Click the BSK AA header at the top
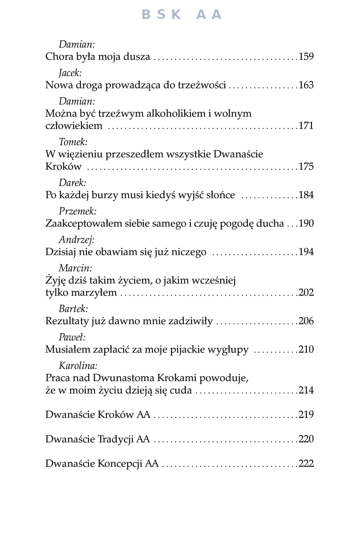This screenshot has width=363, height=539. point(181,15)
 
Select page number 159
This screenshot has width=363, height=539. point(306,56)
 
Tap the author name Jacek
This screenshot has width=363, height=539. point(70,73)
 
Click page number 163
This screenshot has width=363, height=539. point(306,85)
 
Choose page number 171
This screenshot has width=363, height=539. point(306,125)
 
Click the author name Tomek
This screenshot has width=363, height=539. point(73,142)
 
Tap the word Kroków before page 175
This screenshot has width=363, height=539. point(63,166)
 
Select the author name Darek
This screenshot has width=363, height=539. point(73,183)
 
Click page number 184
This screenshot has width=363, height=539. point(306,195)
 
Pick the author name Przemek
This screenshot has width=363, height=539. point(78,211)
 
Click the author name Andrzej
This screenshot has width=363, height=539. point(77,240)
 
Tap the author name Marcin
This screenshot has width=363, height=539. point(75,268)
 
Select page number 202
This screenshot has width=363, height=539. point(306,292)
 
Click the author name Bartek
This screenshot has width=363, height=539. point(73,309)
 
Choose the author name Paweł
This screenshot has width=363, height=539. point(72,337)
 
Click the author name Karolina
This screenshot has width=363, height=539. point(78,366)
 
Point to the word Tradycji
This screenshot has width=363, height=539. point(116,439)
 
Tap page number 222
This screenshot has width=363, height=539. point(306,463)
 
